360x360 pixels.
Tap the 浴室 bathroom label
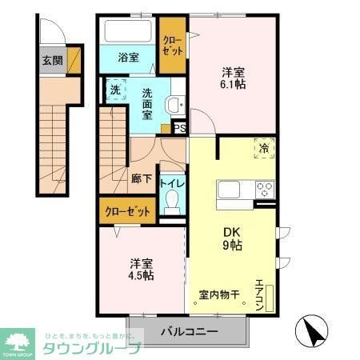tap(129, 58)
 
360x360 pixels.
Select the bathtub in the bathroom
tap(128, 32)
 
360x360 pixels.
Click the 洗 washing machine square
tap(114, 90)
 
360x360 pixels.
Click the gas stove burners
tap(264, 190)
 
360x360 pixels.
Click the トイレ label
tap(173, 183)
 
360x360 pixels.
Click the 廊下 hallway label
tap(142, 178)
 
